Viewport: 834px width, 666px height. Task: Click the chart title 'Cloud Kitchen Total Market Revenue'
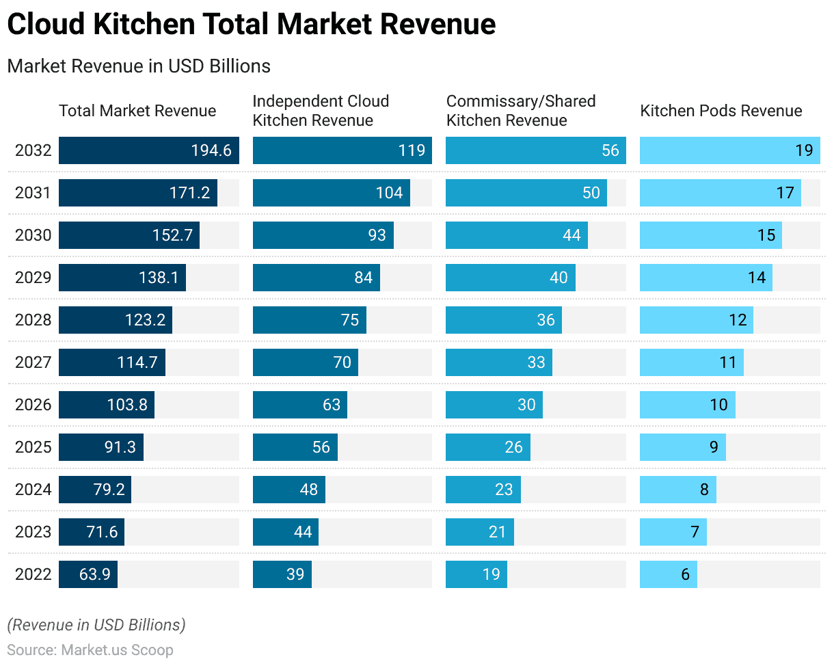click(251, 25)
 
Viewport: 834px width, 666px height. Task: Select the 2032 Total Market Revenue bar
click(148, 150)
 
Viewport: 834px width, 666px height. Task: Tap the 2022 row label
click(33, 574)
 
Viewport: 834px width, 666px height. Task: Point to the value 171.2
click(189, 193)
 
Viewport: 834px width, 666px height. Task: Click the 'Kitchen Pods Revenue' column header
click(721, 111)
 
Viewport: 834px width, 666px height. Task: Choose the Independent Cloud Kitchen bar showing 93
click(323, 235)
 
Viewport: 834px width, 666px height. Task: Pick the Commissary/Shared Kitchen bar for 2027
click(498, 362)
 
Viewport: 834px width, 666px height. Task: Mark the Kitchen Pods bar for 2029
click(705, 278)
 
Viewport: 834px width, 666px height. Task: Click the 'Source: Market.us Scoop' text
click(90, 650)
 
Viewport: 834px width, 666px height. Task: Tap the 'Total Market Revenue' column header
click(137, 111)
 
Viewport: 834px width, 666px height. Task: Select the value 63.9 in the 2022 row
click(94, 574)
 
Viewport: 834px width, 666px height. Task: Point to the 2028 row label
click(33, 320)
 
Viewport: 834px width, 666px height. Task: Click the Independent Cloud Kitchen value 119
click(412, 150)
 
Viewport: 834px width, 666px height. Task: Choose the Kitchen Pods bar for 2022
click(668, 574)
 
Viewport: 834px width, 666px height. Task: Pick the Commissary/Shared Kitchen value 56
click(610, 150)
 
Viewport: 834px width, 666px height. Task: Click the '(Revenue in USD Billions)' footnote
click(96, 625)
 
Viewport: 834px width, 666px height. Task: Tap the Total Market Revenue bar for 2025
click(100, 447)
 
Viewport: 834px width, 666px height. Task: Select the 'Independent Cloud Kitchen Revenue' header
click(321, 111)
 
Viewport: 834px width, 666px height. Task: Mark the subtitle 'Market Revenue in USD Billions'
click(139, 66)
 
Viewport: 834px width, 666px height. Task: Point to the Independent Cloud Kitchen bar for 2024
click(288, 490)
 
